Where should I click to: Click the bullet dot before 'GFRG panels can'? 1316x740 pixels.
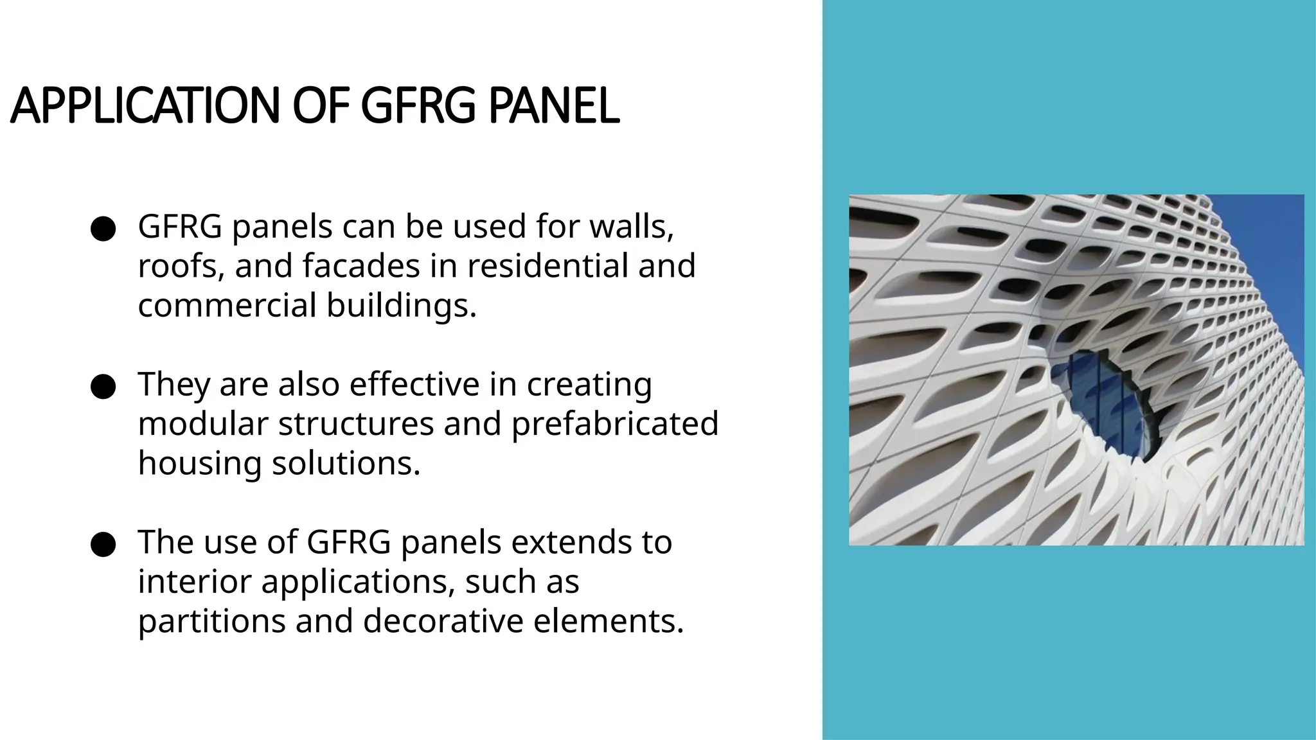103,229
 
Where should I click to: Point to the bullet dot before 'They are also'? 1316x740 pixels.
103,387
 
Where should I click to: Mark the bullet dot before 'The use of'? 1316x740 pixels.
103,545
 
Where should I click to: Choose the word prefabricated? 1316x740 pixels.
614,424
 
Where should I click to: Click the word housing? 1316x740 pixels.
200,464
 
